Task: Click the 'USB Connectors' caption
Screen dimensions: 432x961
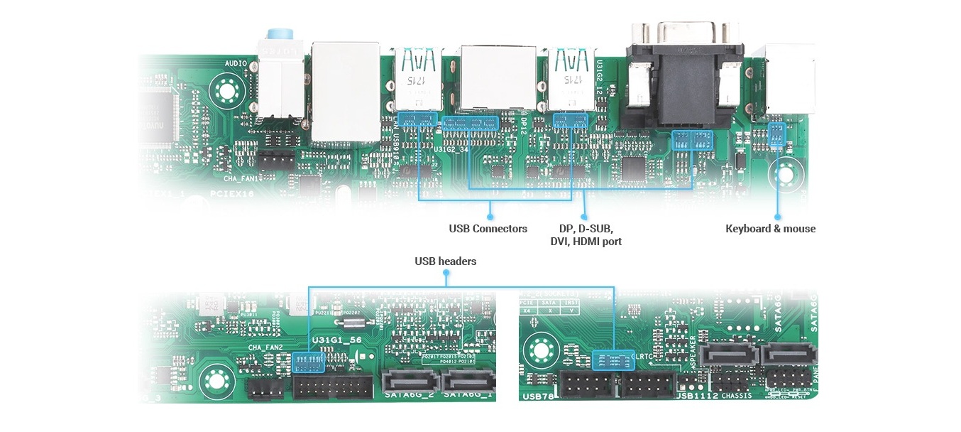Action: [x=488, y=229]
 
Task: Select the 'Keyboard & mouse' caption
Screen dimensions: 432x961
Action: [x=770, y=229]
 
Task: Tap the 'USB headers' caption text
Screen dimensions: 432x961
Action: [x=445, y=261]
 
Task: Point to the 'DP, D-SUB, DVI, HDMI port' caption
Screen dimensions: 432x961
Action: [x=586, y=235]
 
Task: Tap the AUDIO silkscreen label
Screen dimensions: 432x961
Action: [x=236, y=64]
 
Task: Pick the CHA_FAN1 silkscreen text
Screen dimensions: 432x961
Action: [x=243, y=179]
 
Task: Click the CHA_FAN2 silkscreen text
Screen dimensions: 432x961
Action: [x=265, y=347]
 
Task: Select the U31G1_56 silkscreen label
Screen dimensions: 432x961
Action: [x=336, y=340]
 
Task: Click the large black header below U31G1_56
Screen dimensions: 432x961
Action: [x=332, y=387]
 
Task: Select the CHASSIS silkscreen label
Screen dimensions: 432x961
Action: [x=736, y=396]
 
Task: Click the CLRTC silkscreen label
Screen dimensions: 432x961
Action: [x=644, y=356]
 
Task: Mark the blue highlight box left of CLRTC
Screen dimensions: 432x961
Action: [x=611, y=360]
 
